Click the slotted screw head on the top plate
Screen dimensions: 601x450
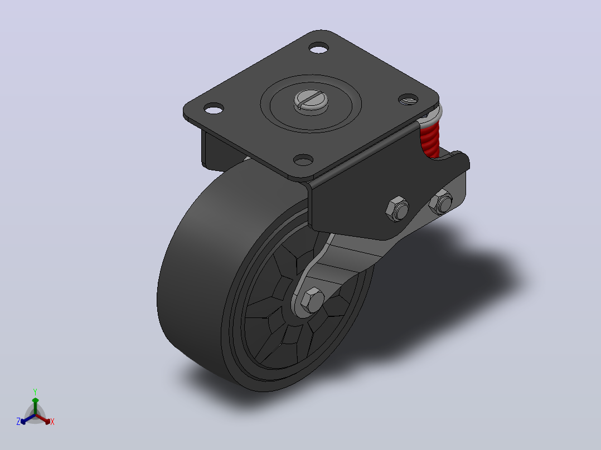311,101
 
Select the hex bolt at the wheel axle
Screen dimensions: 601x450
312,299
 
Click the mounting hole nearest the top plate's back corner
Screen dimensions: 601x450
318,48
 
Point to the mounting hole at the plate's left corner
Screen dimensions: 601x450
214,109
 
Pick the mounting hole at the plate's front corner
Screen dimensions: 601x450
303,160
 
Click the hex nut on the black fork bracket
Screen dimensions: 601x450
397,209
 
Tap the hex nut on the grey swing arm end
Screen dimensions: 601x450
441,202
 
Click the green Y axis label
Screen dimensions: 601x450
35,392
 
